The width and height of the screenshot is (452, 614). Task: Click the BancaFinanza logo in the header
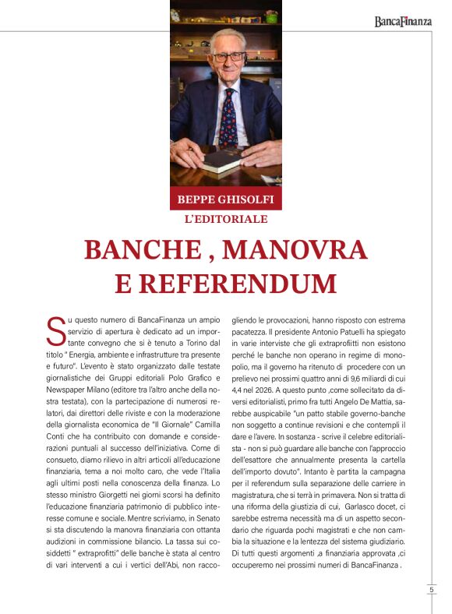click(402, 22)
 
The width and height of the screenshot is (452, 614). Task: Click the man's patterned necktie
click(228, 117)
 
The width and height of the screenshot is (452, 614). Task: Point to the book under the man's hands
click(223, 161)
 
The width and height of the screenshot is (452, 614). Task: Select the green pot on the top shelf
click(189, 15)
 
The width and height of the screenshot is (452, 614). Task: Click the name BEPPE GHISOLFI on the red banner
click(226, 198)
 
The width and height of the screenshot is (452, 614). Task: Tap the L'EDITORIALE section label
click(226, 219)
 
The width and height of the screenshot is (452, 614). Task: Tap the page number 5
click(431, 590)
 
